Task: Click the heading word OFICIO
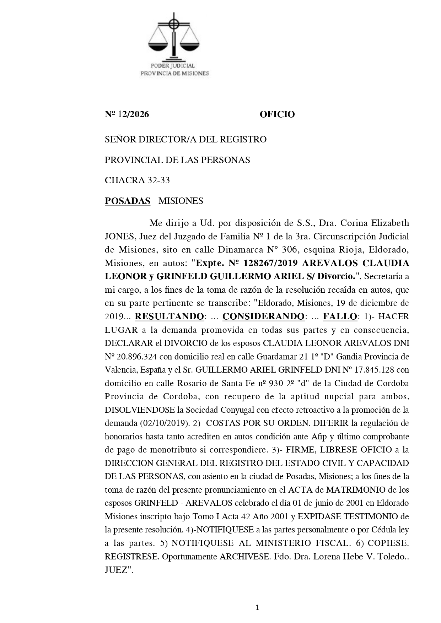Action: click(x=277, y=114)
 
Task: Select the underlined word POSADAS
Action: click(x=127, y=201)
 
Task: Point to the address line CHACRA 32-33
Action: click(x=137, y=180)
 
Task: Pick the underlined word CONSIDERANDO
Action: click(x=263, y=316)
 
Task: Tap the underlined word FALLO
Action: click(x=340, y=316)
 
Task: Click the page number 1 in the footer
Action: click(x=257, y=608)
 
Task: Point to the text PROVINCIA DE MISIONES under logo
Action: click(x=175, y=74)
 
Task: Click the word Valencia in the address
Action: click(x=120, y=370)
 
